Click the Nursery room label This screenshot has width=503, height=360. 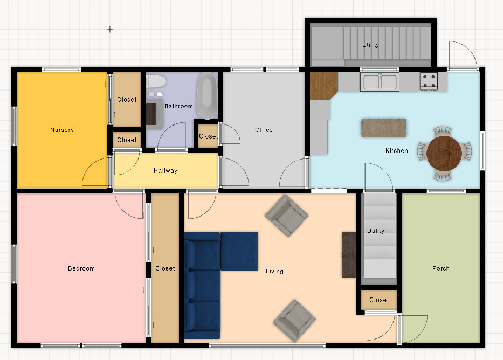62,130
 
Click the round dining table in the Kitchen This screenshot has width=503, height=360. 444,153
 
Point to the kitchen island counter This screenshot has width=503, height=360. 383,128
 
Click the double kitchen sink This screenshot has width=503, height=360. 380,82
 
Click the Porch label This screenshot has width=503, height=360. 440,268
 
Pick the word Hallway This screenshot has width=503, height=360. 165,171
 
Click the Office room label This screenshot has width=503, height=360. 264,130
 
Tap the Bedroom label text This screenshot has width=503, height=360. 81,268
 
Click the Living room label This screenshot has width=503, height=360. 274,271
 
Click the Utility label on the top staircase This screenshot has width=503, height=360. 370,45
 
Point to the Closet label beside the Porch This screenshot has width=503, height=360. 379,300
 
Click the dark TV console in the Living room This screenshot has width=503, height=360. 349,255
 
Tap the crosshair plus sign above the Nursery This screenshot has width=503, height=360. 109,29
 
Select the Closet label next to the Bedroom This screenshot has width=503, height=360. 165,268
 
